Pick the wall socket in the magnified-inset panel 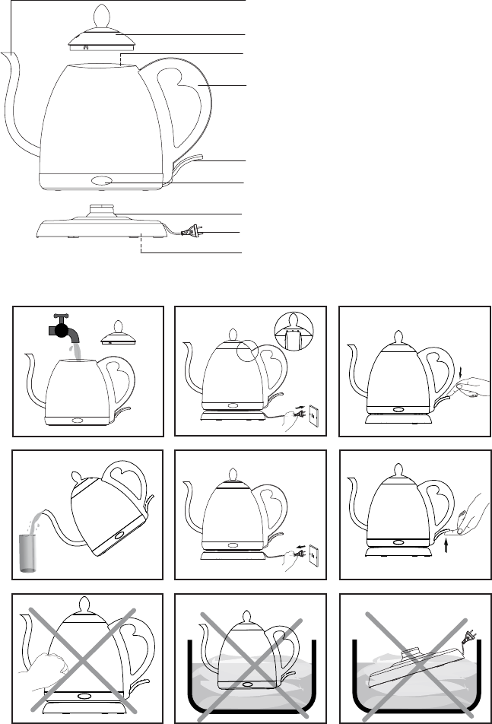310,414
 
